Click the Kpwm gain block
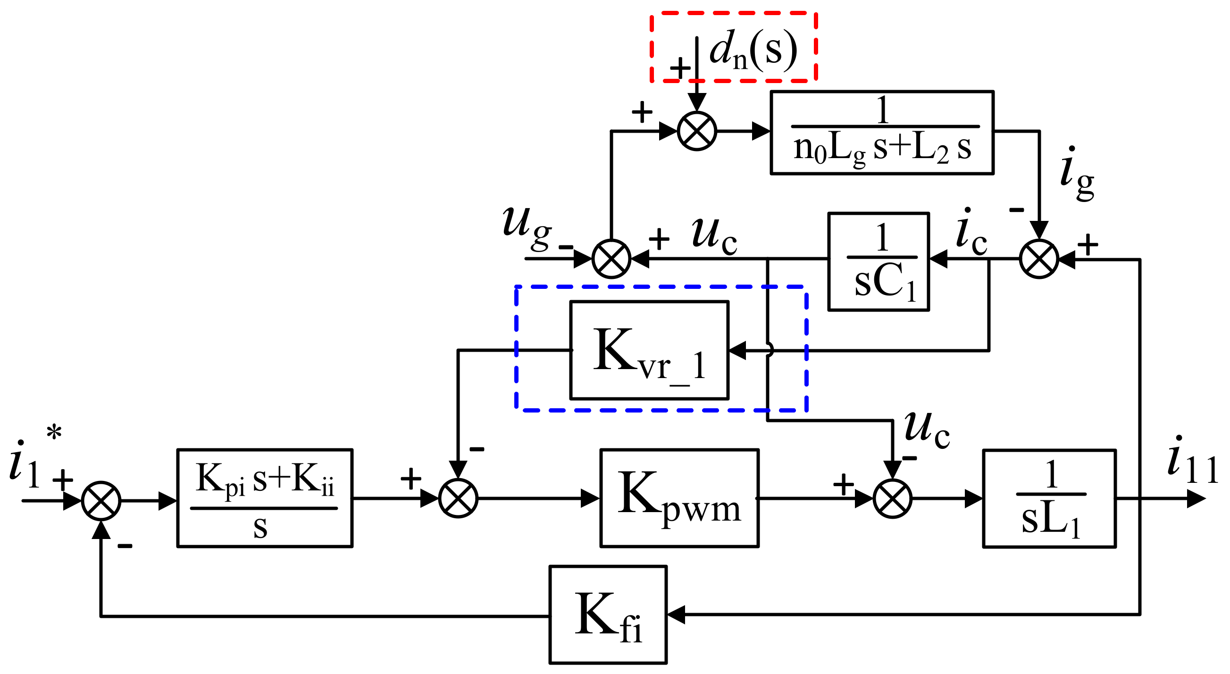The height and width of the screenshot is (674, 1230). click(x=679, y=498)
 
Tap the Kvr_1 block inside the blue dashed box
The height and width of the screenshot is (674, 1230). click(x=649, y=350)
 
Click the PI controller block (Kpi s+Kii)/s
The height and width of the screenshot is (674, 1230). click(x=265, y=498)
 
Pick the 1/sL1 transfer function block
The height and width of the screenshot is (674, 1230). click(x=1049, y=498)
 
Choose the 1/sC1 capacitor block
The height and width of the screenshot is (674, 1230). click(x=878, y=262)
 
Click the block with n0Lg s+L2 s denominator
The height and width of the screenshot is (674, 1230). click(x=882, y=132)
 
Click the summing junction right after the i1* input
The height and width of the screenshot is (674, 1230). click(x=101, y=501)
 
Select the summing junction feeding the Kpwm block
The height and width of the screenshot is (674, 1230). click(x=458, y=498)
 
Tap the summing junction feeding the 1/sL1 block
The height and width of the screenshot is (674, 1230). click(x=892, y=498)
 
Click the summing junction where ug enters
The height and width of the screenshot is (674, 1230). click(x=611, y=259)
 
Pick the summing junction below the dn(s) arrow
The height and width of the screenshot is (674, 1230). click(x=697, y=131)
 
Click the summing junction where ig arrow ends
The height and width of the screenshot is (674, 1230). click(x=1039, y=259)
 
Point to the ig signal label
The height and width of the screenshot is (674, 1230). click(x=1076, y=174)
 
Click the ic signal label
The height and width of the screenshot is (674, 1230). click(x=971, y=234)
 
